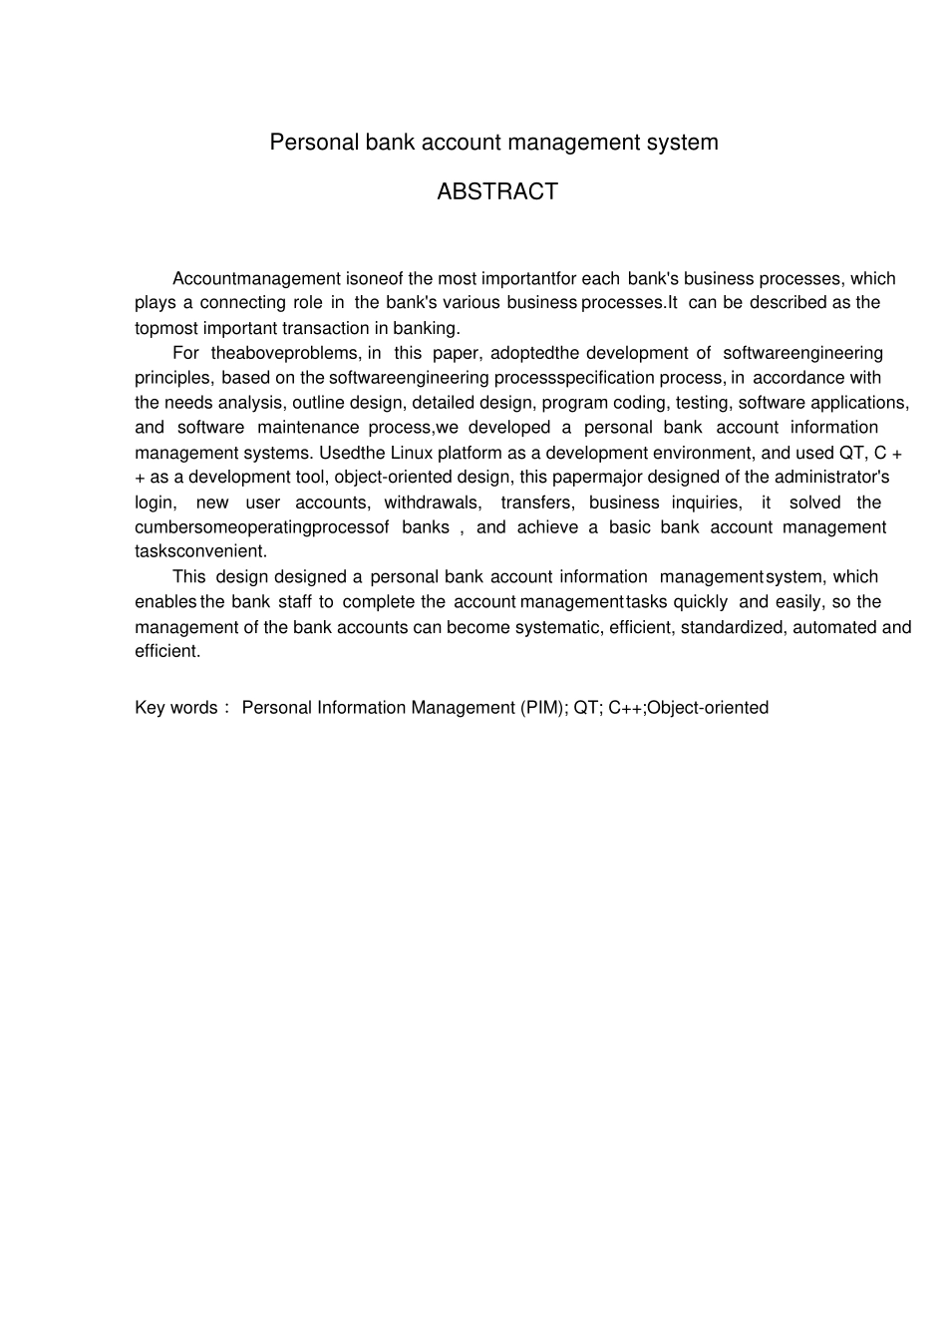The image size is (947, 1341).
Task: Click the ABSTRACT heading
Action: click(x=496, y=191)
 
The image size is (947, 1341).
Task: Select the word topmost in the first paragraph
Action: click(x=166, y=328)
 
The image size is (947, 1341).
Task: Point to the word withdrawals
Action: click(x=431, y=503)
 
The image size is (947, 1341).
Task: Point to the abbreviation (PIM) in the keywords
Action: click(x=543, y=708)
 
